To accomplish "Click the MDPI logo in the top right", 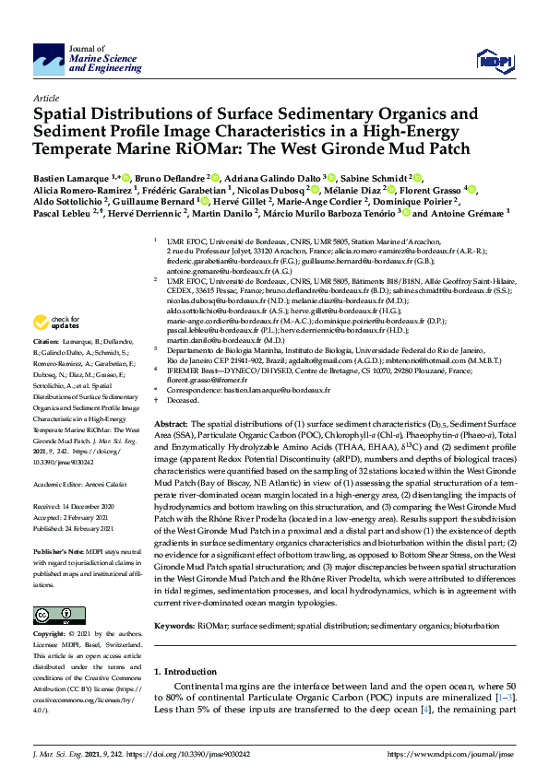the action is pos(494,61).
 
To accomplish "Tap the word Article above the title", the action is pos(45,97).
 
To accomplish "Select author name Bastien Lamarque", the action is pos(72,177).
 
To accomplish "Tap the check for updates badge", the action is pos(55,323).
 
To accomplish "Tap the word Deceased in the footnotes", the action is pos(181,401).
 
